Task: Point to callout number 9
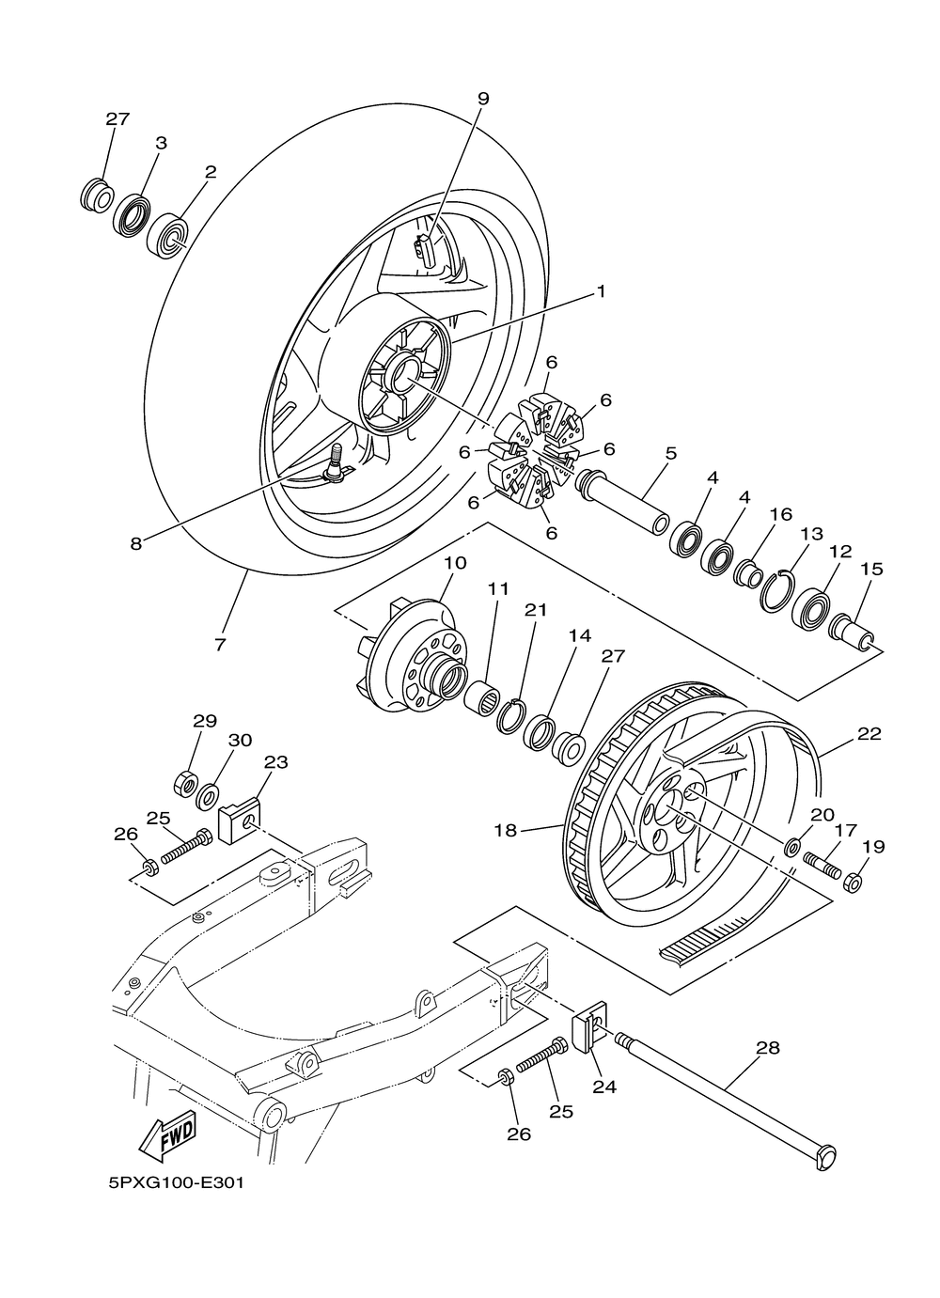(x=483, y=99)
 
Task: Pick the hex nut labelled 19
(x=853, y=883)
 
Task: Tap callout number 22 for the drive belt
(x=869, y=734)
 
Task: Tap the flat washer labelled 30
(x=208, y=797)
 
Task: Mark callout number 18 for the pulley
(x=505, y=830)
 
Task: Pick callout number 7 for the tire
(x=220, y=644)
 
